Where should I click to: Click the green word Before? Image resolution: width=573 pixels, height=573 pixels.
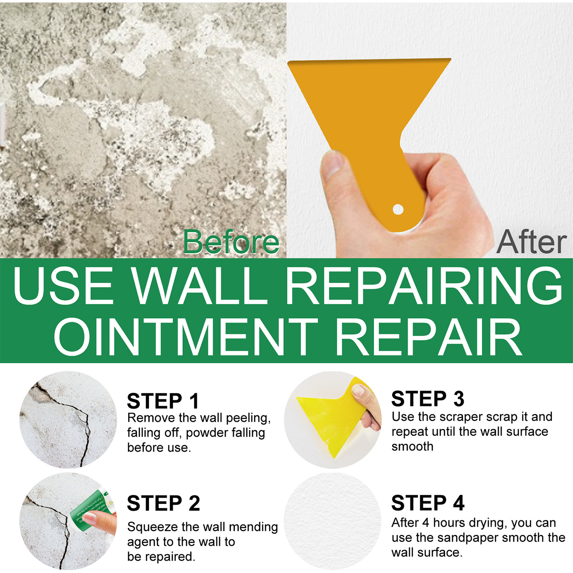[x=231, y=242]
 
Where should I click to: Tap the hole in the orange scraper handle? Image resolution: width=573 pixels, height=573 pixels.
[x=398, y=209]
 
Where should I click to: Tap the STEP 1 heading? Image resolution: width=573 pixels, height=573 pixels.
[x=163, y=401]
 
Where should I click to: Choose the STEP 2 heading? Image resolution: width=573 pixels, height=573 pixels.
[x=164, y=503]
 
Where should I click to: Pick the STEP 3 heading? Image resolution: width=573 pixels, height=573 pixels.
[x=428, y=398]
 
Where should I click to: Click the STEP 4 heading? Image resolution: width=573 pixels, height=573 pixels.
[x=428, y=503]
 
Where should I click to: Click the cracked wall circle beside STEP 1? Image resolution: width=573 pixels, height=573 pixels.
[x=68, y=420]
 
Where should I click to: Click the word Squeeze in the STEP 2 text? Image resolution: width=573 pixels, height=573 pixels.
[x=153, y=527]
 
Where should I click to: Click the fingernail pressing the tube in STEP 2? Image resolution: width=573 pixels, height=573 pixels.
[x=90, y=519]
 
